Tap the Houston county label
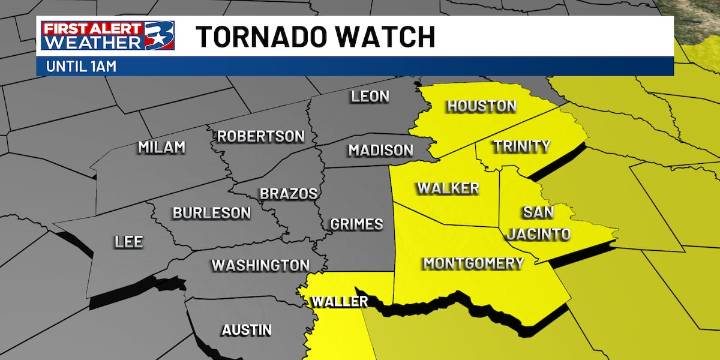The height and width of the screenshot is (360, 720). click(x=481, y=106)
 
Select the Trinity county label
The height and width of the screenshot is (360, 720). click(x=521, y=147)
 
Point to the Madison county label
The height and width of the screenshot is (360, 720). click(x=380, y=150)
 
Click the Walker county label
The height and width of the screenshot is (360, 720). click(x=448, y=188)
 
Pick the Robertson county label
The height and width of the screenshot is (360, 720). click(x=260, y=136)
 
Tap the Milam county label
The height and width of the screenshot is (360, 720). click(x=161, y=147)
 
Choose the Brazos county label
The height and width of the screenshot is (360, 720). click(x=288, y=192)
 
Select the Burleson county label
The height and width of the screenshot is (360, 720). click(x=211, y=212)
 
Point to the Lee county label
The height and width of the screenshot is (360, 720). click(x=129, y=241)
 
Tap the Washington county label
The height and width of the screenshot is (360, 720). click(x=259, y=265)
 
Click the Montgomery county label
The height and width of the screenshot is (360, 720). click(x=473, y=264)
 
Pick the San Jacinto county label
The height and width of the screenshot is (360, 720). click(x=545, y=223)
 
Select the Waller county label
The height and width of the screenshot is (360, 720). click(x=336, y=301)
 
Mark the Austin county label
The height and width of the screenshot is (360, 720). click(x=246, y=329)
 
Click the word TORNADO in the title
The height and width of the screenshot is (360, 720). click(x=255, y=37)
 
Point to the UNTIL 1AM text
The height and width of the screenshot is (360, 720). click(x=80, y=67)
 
